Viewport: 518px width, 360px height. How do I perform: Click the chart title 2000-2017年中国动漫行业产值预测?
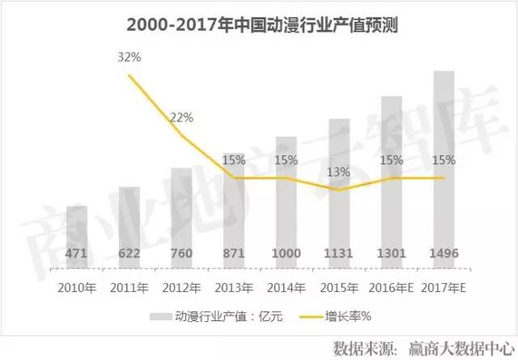coord(259,25)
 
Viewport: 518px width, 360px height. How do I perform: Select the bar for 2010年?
coord(77,239)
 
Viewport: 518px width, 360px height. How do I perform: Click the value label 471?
coord(77,254)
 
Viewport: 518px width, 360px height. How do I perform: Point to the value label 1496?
coord(444,254)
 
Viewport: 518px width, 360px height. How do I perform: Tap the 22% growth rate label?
coord(181,117)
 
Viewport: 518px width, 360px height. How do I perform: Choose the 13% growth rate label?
coord(339,172)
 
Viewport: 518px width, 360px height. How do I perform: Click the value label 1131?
coord(339,254)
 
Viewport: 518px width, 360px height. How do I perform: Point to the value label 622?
coord(129,254)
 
